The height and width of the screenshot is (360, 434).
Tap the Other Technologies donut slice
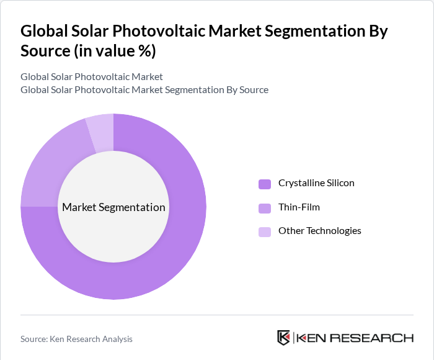pyautogui.click(x=101, y=132)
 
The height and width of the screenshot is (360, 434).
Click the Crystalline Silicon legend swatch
pyautogui.click(x=265, y=184)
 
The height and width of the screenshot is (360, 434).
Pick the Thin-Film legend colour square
pyautogui.click(x=265, y=207)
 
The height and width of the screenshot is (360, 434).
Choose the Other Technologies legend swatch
pyautogui.click(x=265, y=232)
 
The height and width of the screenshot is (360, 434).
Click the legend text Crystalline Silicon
pyautogui.click(x=316, y=183)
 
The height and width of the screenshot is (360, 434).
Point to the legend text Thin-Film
pyautogui.click(x=299, y=207)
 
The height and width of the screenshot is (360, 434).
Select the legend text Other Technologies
pyautogui.click(x=319, y=231)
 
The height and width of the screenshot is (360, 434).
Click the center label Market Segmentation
pyautogui.click(x=113, y=207)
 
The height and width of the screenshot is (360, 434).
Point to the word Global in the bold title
pyautogui.click(x=44, y=32)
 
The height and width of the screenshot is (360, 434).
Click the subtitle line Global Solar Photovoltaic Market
pyautogui.click(x=92, y=77)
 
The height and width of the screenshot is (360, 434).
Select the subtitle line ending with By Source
pyautogui.click(x=144, y=90)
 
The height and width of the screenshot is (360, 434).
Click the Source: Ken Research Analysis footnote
pyautogui.click(x=76, y=339)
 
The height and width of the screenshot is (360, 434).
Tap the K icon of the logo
pyautogui.click(x=283, y=338)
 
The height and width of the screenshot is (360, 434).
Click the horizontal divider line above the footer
pyautogui.click(x=217, y=315)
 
